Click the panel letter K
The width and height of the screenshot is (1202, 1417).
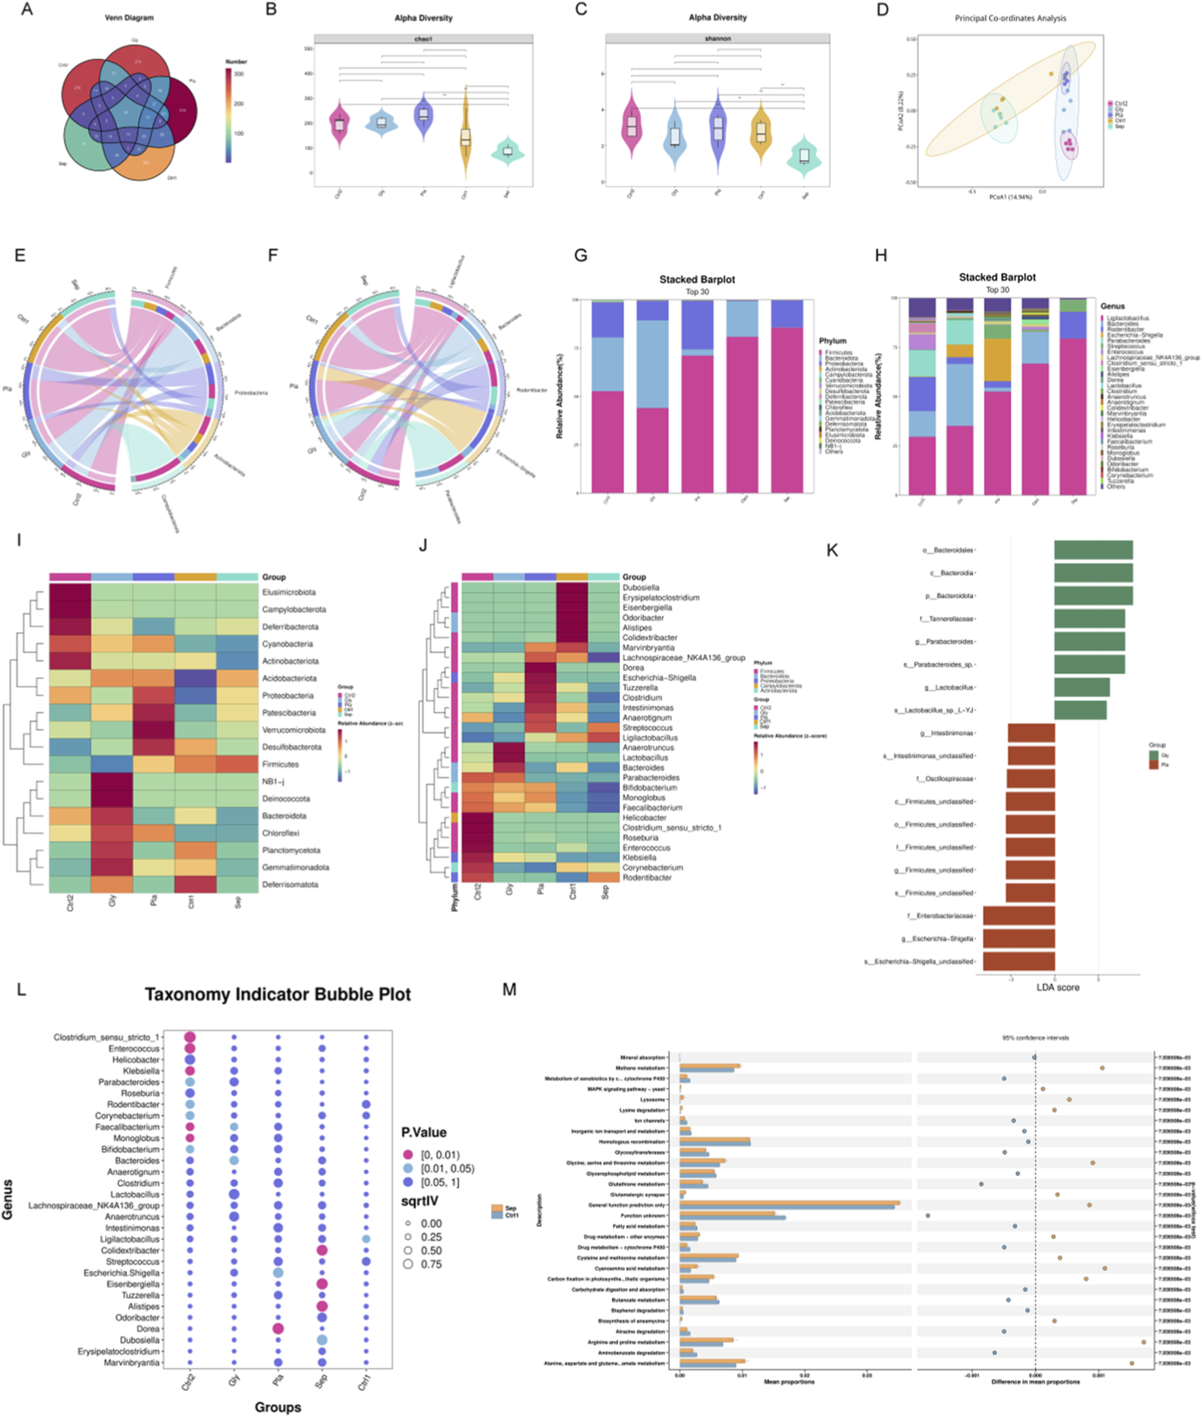pos(832,550)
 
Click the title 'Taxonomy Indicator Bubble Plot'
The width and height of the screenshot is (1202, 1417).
pos(277,994)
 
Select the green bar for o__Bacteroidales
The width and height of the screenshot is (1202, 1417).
pos(1093,550)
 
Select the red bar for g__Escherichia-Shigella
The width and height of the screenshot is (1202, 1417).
pos(1019,939)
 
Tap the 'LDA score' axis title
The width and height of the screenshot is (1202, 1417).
pos(1058,987)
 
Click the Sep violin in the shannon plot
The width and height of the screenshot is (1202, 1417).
pos(804,157)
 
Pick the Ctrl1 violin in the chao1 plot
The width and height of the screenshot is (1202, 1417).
pos(465,136)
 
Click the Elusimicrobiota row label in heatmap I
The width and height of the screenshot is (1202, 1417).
pos(289,592)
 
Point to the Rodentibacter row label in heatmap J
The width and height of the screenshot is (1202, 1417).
pos(646,877)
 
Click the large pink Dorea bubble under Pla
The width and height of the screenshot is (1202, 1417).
pos(277,1329)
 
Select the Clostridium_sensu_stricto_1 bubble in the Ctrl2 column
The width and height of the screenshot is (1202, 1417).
pos(190,1038)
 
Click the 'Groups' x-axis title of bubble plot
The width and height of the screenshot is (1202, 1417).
pos(277,1407)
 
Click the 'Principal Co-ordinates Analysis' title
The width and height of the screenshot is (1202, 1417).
pos(1010,18)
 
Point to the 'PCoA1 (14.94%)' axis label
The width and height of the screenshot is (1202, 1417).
pos(1011,197)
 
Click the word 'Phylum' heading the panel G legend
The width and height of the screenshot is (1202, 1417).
pos(833,341)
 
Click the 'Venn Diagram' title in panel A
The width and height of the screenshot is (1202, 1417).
pos(129,18)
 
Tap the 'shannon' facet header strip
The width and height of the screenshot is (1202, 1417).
pos(718,39)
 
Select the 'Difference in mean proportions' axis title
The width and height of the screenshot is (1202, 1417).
pos(1035,1382)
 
